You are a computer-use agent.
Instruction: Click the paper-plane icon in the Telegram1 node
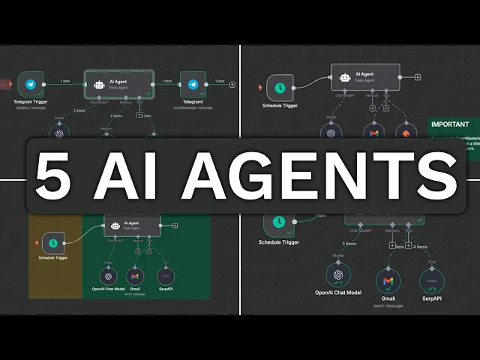(193, 85)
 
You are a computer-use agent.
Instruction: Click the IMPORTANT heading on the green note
(450, 124)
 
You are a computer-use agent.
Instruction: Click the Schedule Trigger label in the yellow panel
(52, 258)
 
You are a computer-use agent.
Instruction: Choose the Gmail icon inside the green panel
(135, 275)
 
